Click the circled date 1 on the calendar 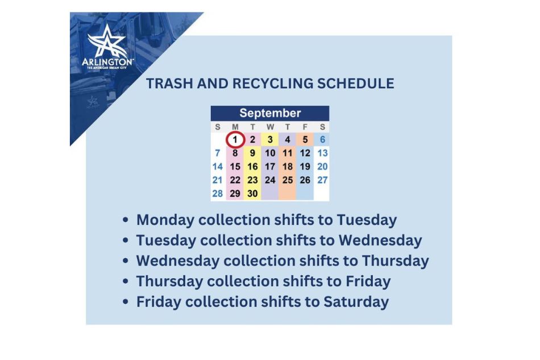(235, 139)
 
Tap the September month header (270, 113)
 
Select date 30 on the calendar (252, 193)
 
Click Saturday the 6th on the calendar (322, 139)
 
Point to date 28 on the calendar (217, 193)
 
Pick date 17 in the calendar (270, 167)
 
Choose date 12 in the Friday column (305, 153)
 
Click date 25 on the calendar (288, 180)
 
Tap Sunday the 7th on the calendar (217, 153)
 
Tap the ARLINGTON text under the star (108, 61)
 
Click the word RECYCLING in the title (265, 84)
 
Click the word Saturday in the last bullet (356, 301)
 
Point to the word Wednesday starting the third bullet (177, 260)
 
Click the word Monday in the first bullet (164, 220)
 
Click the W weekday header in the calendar (270, 127)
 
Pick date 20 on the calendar (322, 167)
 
